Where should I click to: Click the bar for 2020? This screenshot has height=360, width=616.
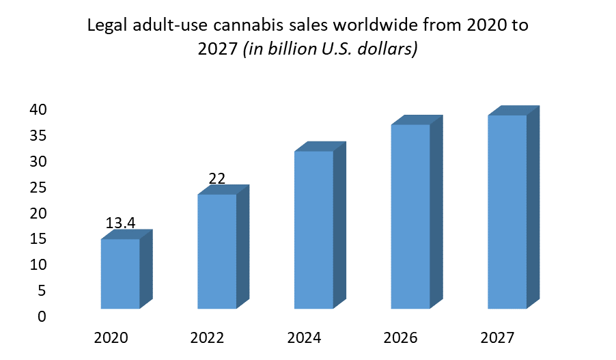(120, 273)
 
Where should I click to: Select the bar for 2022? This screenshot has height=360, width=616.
(217, 251)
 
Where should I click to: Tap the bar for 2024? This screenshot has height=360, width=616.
(314, 230)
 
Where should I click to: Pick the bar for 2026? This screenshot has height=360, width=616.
(410, 216)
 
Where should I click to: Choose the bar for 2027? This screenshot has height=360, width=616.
(507, 212)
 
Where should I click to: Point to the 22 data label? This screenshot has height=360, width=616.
(217, 179)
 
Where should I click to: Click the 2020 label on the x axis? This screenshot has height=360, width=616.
(111, 337)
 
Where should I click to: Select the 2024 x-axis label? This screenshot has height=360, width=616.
(304, 337)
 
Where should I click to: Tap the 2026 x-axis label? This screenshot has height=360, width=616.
(401, 337)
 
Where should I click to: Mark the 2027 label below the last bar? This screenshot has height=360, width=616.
(498, 337)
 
